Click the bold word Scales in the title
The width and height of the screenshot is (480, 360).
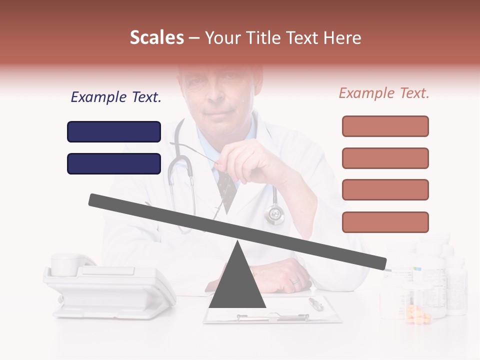pos(156,37)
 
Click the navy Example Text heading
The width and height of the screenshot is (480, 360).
pos(116,97)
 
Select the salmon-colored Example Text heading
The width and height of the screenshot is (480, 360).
pos(384,93)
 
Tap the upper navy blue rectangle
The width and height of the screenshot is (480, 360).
pos(114,132)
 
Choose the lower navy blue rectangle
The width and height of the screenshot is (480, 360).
pos(114,163)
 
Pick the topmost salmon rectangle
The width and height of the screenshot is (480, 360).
pos(385,126)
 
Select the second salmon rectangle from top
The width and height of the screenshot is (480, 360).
pos(385,158)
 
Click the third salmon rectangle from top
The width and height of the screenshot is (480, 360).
pos(385,190)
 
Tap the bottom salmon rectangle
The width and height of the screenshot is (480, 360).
pos(385,222)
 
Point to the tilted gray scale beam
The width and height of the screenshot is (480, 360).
pos(237,230)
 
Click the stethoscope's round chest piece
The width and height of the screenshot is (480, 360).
pos(274,214)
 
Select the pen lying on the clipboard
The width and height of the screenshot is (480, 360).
pos(316,303)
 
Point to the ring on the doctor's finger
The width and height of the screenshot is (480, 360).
pos(295,281)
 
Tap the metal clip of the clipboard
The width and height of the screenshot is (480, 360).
pos(272,317)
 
